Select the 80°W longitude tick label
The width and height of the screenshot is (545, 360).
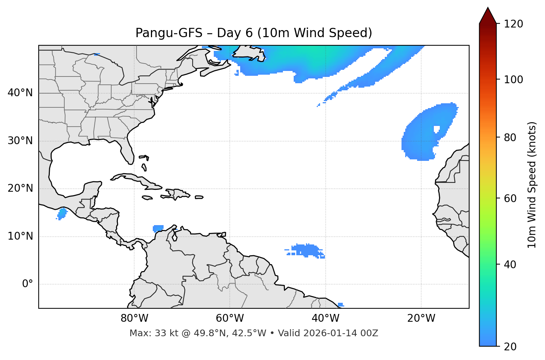[134, 319]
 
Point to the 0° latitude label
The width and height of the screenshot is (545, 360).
[28, 284]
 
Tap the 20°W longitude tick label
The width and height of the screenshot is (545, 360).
[421, 319]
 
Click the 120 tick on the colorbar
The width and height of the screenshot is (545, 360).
[513, 24]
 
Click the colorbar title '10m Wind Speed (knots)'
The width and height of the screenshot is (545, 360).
[532, 185]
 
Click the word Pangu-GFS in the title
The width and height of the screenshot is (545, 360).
[169, 33]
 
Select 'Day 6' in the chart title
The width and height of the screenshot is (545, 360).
[235, 33]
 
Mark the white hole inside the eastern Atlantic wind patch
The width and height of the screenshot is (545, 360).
[436, 130]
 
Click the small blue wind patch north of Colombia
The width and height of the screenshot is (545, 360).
[158, 228]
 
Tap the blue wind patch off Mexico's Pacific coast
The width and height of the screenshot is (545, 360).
[62, 213]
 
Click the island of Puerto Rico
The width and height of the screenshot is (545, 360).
[199, 197]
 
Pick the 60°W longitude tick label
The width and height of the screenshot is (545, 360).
[230, 319]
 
